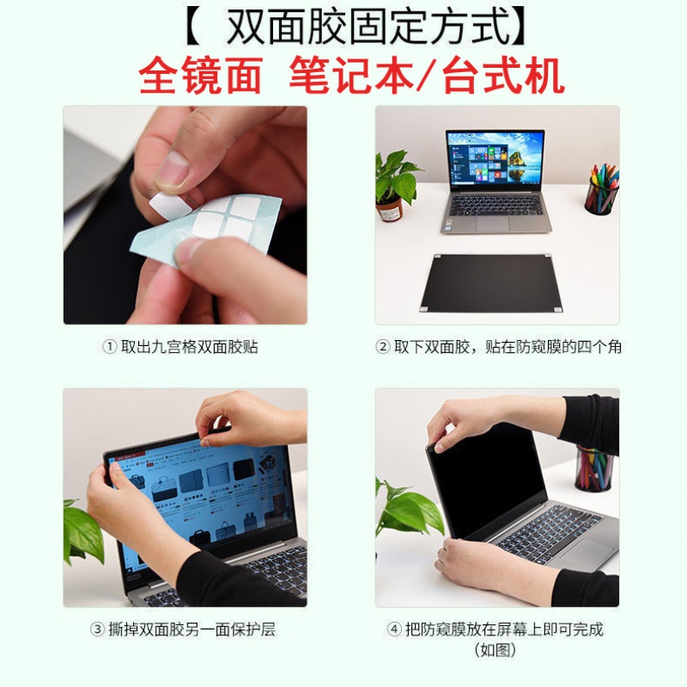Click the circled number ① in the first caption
(109, 348)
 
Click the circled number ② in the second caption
(383, 348)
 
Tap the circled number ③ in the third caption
(97, 629)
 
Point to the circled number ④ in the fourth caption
(394, 629)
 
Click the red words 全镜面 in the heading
(200, 76)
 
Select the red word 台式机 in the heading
(503, 76)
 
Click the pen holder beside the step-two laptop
(601, 191)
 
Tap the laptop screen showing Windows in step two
(495, 161)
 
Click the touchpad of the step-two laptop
(495, 222)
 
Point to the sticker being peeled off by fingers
(164, 204)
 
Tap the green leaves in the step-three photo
(82, 529)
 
